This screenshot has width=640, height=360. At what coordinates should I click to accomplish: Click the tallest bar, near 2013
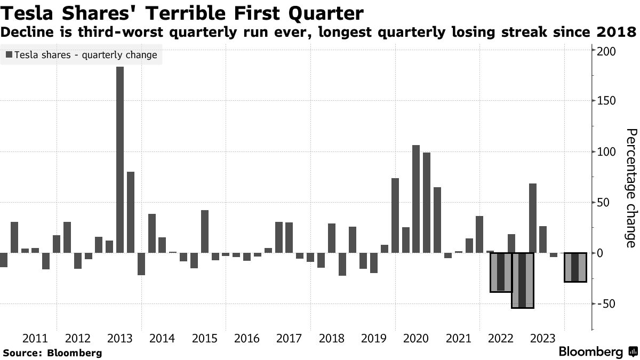click(120, 159)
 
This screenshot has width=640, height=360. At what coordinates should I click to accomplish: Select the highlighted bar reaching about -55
click(522, 280)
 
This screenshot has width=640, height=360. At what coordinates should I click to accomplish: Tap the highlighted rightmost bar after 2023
click(575, 267)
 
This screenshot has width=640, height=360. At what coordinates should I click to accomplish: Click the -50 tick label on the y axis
click(607, 304)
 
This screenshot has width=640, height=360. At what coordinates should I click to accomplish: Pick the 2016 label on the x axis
click(247, 339)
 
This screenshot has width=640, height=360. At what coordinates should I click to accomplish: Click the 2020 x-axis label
click(416, 339)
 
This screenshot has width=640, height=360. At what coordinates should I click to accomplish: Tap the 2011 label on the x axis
click(35, 339)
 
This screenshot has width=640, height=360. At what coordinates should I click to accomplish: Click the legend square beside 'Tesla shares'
click(9, 55)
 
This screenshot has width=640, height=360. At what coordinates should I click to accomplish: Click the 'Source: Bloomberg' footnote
click(52, 353)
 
